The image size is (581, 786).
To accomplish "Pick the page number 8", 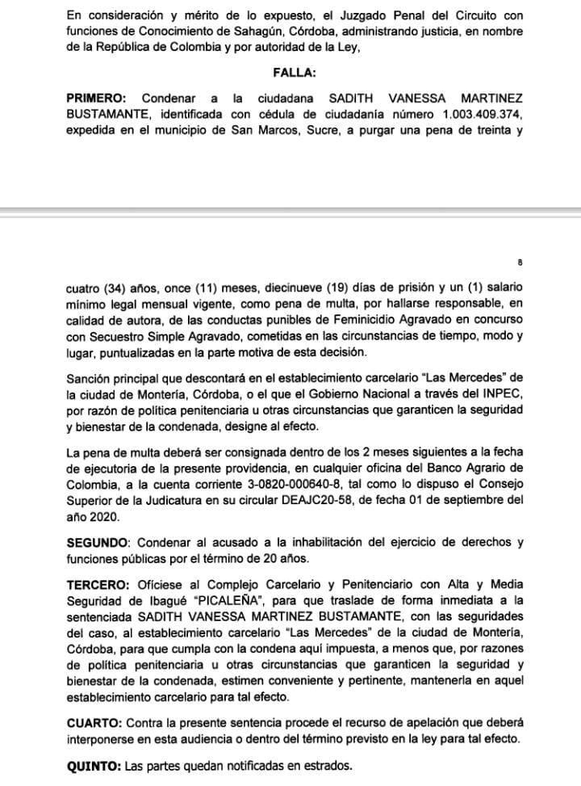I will click(x=520, y=263).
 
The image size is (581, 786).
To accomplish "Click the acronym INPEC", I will click(x=502, y=394).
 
